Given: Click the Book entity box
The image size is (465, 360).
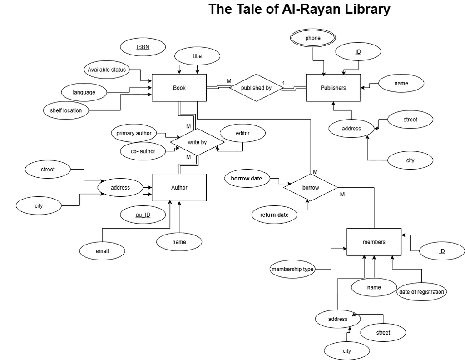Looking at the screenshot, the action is (x=179, y=88).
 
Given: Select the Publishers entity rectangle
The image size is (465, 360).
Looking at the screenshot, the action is (x=333, y=88).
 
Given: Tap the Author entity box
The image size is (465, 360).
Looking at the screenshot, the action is (x=179, y=188).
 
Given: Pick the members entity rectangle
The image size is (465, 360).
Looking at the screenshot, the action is (x=374, y=242).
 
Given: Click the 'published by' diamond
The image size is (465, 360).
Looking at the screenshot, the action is (x=256, y=88).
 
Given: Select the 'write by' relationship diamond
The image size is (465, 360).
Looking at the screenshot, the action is (x=197, y=142).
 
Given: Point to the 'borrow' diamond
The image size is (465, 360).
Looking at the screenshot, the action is (x=311, y=188).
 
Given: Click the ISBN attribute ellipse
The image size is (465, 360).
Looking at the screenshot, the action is (x=143, y=47).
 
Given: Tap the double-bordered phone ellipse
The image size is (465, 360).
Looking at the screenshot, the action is (x=313, y=38).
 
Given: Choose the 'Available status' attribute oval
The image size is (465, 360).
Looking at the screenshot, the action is (x=107, y=70).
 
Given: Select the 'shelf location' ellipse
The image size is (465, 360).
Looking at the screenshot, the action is (x=66, y=110).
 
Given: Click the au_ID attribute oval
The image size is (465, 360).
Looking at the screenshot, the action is (x=143, y=215).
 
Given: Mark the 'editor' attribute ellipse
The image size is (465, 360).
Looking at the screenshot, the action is (x=242, y=133).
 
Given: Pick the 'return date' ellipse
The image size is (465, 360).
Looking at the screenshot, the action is (x=274, y=215).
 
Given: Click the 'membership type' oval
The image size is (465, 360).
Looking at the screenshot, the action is (x=292, y=269).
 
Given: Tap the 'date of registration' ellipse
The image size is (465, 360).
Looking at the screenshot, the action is (x=421, y=292).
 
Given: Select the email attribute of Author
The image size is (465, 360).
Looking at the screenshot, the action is (x=102, y=251).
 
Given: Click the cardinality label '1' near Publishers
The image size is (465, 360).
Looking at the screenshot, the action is (x=283, y=83).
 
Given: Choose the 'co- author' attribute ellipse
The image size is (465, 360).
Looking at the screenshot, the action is (x=143, y=151).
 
